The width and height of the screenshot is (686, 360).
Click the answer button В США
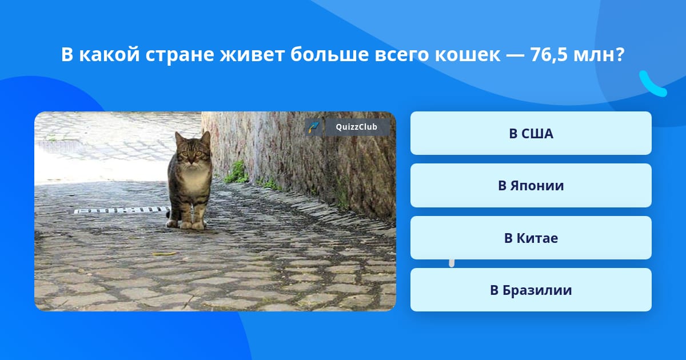(x=531, y=133)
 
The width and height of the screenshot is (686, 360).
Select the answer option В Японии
(x=531, y=186)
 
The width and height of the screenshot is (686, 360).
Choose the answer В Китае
(x=531, y=238)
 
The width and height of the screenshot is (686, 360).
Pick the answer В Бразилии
(x=531, y=290)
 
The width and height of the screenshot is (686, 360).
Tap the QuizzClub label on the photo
(x=357, y=127)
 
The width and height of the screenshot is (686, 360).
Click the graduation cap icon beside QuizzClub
(x=313, y=127)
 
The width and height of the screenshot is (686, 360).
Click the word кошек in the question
(x=468, y=55)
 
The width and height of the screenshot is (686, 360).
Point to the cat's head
(x=193, y=148)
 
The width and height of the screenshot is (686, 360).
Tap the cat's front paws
(x=192, y=226)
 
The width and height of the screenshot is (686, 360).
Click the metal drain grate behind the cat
(x=122, y=210)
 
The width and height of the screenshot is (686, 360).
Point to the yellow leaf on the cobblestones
(x=165, y=254)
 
